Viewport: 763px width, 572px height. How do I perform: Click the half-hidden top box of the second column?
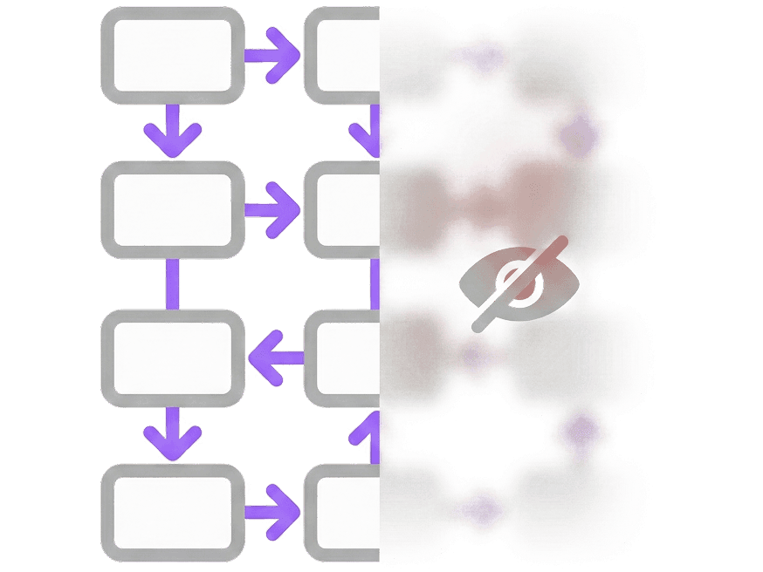[345, 56]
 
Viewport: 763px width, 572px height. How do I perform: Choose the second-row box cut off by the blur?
[345, 209]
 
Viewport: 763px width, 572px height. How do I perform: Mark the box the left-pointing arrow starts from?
[345, 357]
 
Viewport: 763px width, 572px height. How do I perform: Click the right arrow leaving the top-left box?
[272, 56]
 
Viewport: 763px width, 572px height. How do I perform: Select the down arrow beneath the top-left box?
[172, 131]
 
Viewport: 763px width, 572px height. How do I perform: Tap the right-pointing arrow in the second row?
[272, 209]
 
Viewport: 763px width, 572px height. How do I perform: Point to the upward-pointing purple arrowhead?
[370, 424]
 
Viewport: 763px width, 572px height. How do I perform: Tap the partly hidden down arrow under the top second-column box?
[368, 131]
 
